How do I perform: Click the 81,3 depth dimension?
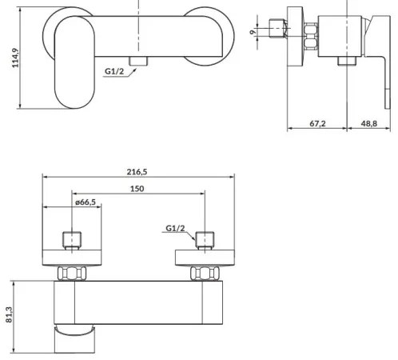point(8,312)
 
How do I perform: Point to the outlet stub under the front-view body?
point(141,62)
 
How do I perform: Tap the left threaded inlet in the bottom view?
point(73,240)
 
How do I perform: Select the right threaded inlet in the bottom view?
point(205,240)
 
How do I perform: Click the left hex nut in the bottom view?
point(73,273)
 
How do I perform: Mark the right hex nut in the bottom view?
point(205,273)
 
